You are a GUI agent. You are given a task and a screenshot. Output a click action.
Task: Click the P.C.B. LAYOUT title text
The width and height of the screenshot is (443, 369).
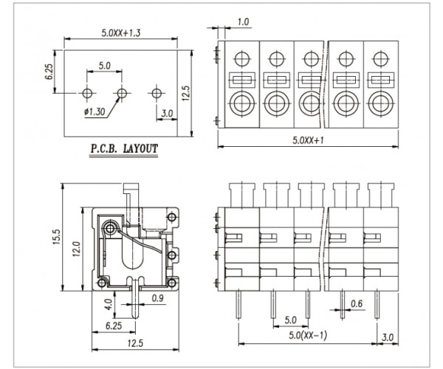click(x=124, y=148)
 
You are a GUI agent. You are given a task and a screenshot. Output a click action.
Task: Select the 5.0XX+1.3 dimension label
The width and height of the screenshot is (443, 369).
click(x=122, y=33)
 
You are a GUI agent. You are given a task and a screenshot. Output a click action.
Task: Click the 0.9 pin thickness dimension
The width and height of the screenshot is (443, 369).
click(x=157, y=298)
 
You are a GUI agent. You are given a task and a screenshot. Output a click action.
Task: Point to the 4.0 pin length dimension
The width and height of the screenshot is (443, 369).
click(x=109, y=303)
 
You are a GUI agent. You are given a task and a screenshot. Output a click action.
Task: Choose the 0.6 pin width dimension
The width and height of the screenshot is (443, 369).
click(x=357, y=303)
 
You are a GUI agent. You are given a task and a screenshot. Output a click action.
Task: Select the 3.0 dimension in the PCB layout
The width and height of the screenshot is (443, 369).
click(x=168, y=113)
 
